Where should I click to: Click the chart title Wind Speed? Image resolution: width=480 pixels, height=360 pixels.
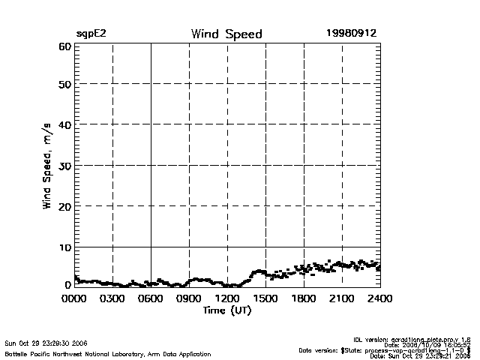[x=226, y=34]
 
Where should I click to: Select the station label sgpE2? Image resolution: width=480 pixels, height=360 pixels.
[x=91, y=34]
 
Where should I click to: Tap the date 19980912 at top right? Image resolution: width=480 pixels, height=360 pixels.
[x=351, y=34]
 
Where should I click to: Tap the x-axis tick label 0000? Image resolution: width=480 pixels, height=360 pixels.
[x=74, y=299]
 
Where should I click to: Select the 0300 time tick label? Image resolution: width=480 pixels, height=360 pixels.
[x=112, y=299]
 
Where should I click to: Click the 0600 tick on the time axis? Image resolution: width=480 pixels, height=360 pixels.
[x=151, y=299]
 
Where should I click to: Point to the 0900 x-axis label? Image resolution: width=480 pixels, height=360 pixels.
[x=189, y=299]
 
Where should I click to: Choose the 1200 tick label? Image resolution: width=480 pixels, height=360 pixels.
[x=227, y=299]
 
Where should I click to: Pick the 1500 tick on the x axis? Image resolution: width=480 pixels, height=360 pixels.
[x=265, y=299]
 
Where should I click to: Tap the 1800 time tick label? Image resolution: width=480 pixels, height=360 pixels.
[x=304, y=299]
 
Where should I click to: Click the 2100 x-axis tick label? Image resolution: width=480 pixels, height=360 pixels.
[x=342, y=299]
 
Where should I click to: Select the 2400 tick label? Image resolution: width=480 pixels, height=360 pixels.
[x=380, y=299]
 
